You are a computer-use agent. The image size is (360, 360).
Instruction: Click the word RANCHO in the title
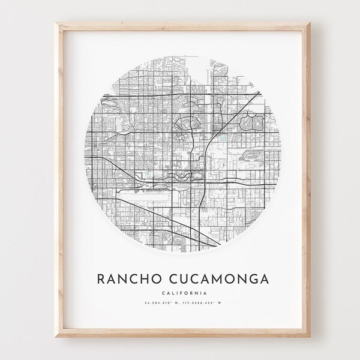point(133,280)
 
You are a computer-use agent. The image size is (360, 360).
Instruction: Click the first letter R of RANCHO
point(100,280)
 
